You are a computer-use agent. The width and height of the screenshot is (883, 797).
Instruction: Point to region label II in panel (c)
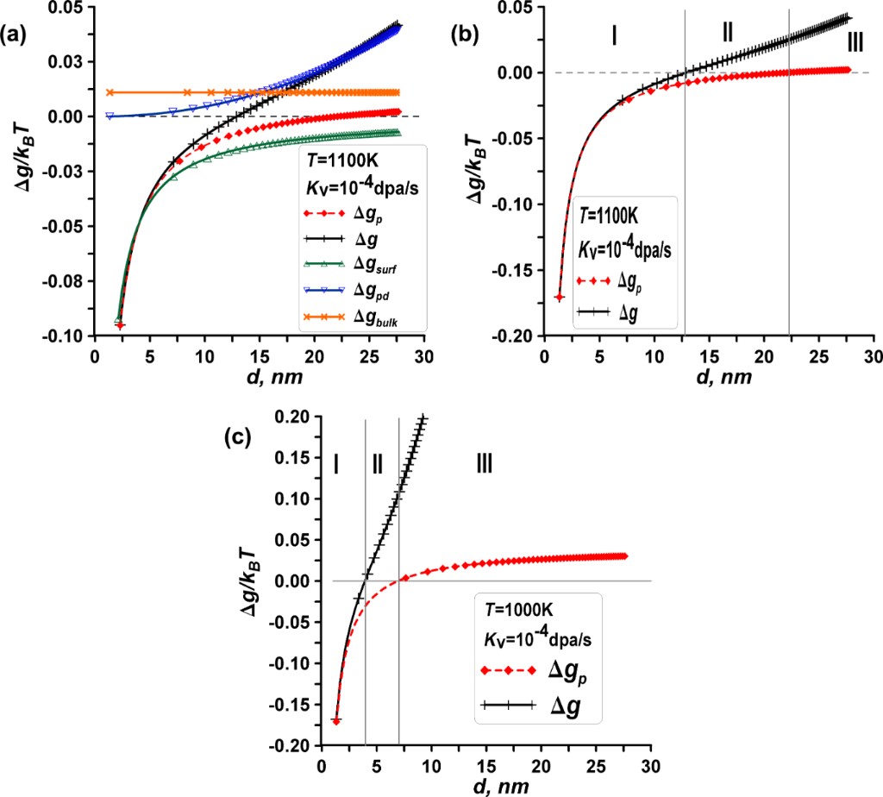377,464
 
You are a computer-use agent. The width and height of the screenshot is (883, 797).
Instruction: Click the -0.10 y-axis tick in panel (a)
64,336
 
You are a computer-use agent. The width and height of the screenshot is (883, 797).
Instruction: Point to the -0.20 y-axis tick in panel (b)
513,336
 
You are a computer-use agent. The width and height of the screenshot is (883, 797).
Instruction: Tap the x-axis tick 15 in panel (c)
486,766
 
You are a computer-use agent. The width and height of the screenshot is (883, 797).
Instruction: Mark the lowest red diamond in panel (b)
559,298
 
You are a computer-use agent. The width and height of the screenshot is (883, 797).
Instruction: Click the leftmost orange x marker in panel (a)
110,92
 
